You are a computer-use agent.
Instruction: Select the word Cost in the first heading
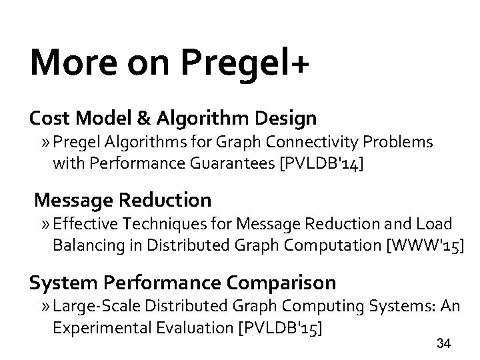click(49, 119)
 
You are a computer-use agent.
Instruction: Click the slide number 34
click(443, 344)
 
